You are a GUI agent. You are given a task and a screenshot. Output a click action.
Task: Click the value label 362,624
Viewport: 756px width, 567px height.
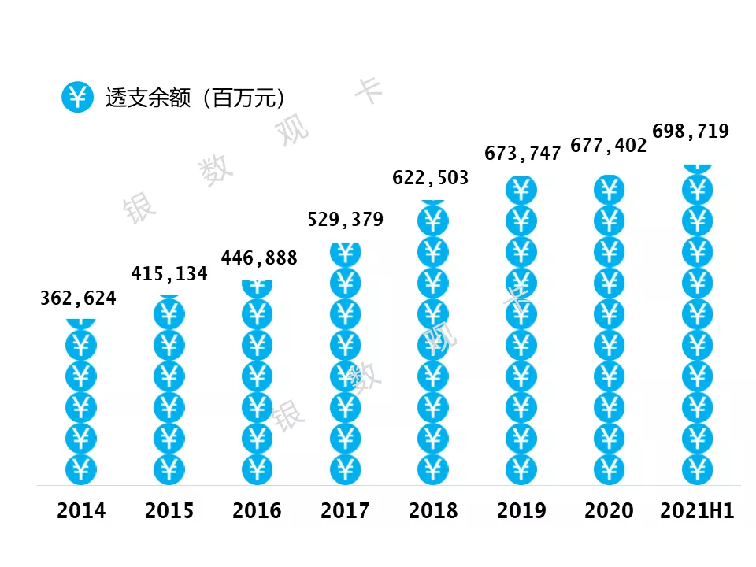click(x=78, y=298)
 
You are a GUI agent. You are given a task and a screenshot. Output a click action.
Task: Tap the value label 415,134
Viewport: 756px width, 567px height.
click(x=169, y=274)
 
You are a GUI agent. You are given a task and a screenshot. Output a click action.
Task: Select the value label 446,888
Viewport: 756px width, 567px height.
click(x=259, y=258)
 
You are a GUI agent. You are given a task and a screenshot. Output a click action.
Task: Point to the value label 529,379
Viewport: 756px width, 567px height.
click(x=346, y=220)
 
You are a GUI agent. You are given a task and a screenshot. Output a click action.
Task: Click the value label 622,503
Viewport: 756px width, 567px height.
click(x=431, y=178)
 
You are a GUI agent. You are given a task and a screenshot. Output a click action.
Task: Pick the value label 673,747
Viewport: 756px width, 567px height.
click(x=523, y=154)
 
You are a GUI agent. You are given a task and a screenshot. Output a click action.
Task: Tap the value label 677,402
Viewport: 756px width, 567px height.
click(x=609, y=145)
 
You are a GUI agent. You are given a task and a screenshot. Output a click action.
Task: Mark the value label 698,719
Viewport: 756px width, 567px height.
click(x=691, y=131)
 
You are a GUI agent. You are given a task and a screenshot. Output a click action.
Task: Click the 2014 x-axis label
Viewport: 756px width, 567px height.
click(x=81, y=511)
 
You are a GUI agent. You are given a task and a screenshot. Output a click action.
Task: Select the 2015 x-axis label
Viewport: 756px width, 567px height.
click(x=169, y=511)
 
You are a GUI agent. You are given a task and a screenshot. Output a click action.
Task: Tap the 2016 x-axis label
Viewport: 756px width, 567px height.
click(x=257, y=511)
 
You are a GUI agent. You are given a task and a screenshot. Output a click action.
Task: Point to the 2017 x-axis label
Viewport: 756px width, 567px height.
click(x=345, y=511)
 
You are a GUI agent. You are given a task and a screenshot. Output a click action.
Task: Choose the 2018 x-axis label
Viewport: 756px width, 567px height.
click(x=433, y=511)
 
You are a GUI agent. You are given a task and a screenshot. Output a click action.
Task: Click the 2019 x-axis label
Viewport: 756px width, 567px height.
click(x=521, y=511)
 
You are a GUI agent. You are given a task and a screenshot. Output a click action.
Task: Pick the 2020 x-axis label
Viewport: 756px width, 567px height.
click(x=609, y=511)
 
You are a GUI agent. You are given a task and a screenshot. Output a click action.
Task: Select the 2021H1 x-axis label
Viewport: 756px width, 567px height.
click(x=697, y=511)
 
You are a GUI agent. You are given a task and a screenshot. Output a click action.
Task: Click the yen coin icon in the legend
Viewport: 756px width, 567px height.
click(x=77, y=97)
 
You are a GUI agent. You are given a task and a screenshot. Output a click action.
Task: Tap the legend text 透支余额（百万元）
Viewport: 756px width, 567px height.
click(x=195, y=98)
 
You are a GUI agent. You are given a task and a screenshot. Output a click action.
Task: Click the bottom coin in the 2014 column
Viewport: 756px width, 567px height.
click(x=81, y=469)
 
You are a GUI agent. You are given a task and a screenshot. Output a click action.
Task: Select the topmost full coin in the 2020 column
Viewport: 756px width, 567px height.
click(x=609, y=190)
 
